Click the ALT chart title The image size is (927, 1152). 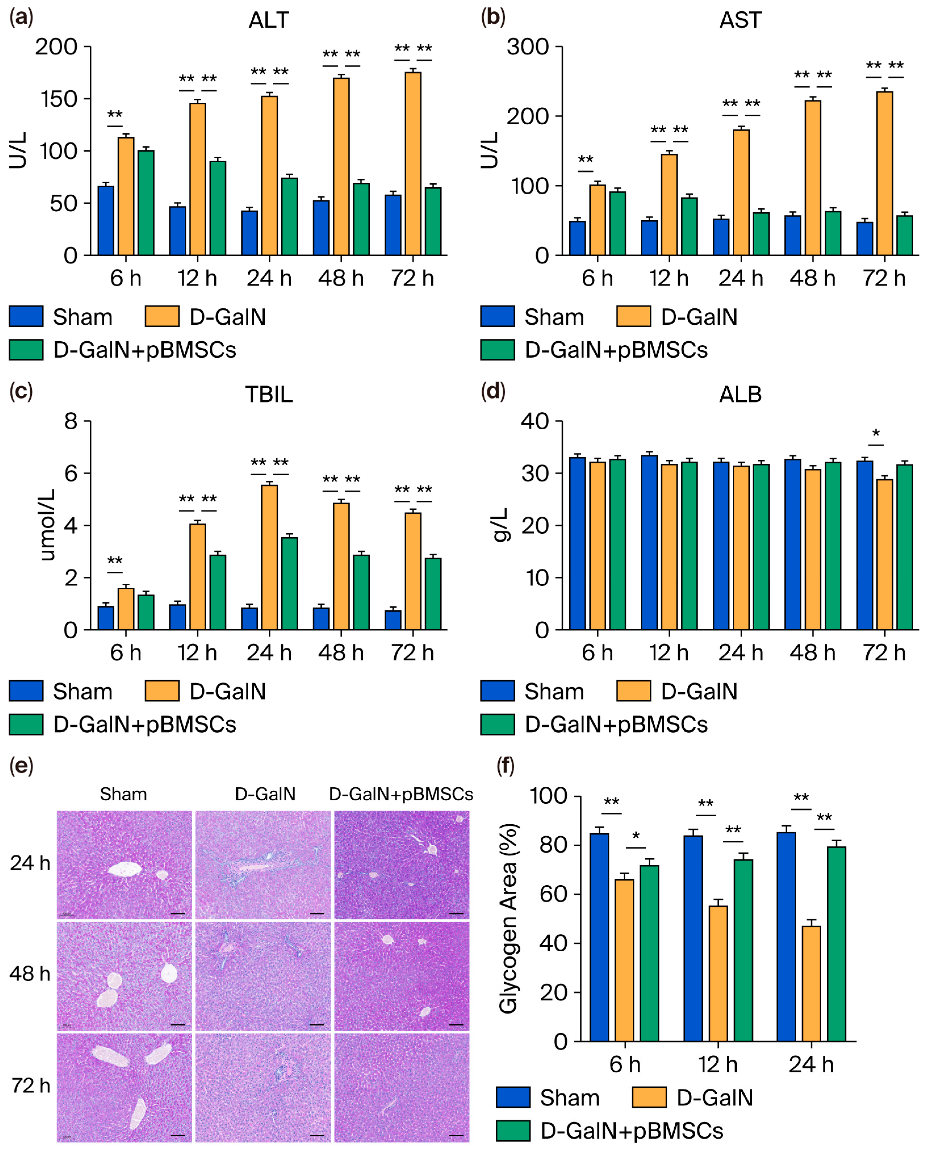pos(268,20)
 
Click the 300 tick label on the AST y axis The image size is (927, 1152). pos(528,47)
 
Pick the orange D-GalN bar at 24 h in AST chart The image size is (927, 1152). pos(741,192)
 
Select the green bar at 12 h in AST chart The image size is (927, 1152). pos(689,226)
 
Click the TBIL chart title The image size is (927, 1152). pos(268,394)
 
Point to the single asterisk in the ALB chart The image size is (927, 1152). pos(876,433)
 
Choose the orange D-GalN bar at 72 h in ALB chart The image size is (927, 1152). pos(884,554)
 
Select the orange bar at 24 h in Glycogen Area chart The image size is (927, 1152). pos(811,983)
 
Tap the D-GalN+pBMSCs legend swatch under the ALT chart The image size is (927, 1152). pos(26,350)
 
